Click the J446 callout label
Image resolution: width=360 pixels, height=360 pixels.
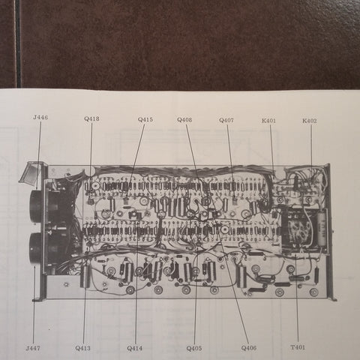click(40, 117)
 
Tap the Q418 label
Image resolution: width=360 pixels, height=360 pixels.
click(91, 118)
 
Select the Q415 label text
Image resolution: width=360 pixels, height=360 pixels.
click(145, 119)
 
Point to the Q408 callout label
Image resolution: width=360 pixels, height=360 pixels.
click(184, 120)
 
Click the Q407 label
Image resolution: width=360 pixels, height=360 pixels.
click(226, 120)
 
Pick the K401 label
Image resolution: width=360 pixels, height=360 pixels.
click(268, 121)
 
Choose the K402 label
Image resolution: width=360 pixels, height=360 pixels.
click(310, 121)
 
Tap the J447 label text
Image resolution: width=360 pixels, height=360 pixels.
click(33, 348)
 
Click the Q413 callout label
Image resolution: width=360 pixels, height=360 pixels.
click(82, 348)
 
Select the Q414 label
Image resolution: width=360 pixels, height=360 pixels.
click(134, 348)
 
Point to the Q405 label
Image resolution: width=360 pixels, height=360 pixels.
click(194, 348)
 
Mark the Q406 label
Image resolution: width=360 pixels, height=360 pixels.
click(249, 348)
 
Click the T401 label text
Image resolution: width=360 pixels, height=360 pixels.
click(298, 347)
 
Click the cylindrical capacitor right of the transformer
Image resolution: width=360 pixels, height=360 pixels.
click(322, 227)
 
